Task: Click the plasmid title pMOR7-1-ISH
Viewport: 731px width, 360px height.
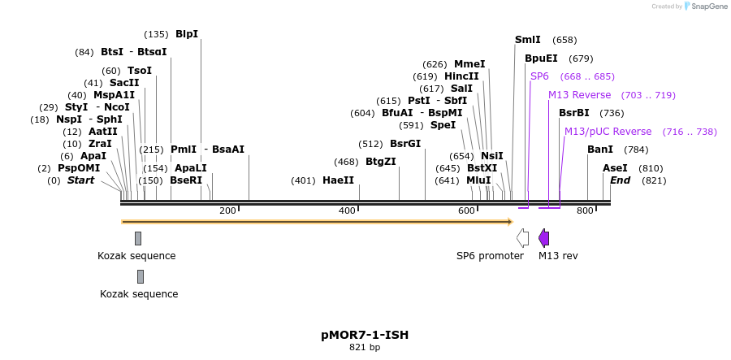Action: click(365, 334)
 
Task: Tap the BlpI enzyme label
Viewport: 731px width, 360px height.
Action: click(187, 34)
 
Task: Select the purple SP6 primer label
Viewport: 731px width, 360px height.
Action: click(539, 76)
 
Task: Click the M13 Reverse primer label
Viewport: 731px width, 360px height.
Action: click(579, 95)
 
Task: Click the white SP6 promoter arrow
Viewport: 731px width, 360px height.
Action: click(523, 238)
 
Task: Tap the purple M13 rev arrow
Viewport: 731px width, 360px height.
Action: click(544, 238)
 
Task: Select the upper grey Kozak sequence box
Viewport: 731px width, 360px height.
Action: click(138, 238)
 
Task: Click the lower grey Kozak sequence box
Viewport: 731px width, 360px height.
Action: click(141, 276)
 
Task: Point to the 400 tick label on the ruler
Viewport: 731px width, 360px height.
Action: click(347, 211)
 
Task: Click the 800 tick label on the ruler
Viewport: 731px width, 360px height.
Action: click(585, 211)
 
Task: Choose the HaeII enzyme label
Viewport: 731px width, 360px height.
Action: click(338, 180)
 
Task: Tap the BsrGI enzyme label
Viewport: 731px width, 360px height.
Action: click(405, 144)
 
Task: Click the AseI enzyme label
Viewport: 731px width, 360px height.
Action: click(615, 168)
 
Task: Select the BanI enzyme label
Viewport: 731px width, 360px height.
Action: click(600, 150)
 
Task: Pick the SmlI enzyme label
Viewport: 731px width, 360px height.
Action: click(528, 40)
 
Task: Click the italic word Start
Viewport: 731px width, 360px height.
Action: click(80, 180)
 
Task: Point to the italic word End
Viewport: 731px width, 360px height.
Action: click(620, 180)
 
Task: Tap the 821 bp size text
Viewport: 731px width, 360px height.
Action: click(365, 347)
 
